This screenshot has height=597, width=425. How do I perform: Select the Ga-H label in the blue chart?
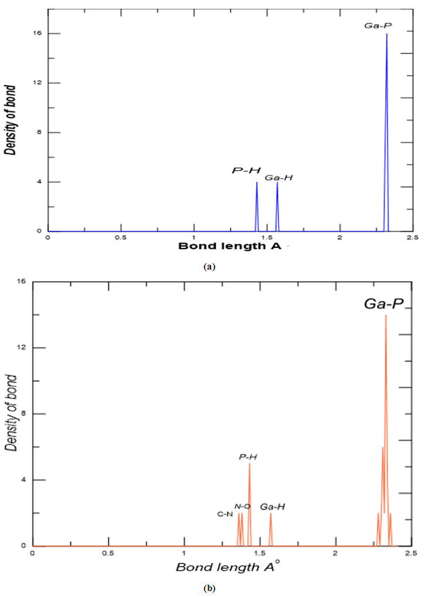[279, 178]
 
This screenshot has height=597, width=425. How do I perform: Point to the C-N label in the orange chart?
[225, 514]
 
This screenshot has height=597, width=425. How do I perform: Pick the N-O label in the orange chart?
[243, 506]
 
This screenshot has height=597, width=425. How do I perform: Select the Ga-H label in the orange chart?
[273, 506]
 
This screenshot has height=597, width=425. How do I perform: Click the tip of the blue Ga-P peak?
[386, 34]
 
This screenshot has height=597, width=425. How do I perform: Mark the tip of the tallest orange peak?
[385, 316]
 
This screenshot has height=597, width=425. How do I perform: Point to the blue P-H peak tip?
[257, 183]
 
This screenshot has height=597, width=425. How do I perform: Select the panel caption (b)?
[209, 588]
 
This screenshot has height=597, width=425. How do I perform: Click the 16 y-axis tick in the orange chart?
[22, 282]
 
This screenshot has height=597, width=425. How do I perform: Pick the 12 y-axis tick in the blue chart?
[36, 83]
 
